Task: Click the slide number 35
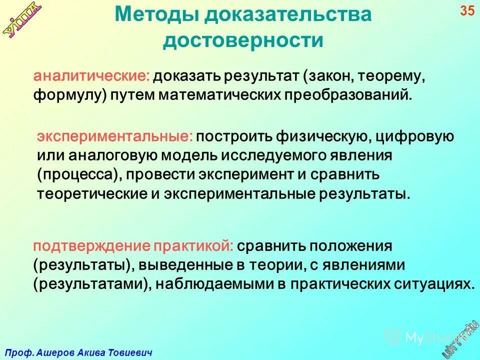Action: pyautogui.click(x=467, y=10)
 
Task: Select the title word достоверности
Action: pyautogui.click(x=243, y=40)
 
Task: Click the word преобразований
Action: pyautogui.click(x=342, y=94)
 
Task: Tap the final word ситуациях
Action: pyautogui.click(x=429, y=284)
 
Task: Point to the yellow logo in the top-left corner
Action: pyautogui.click(x=23, y=20)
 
